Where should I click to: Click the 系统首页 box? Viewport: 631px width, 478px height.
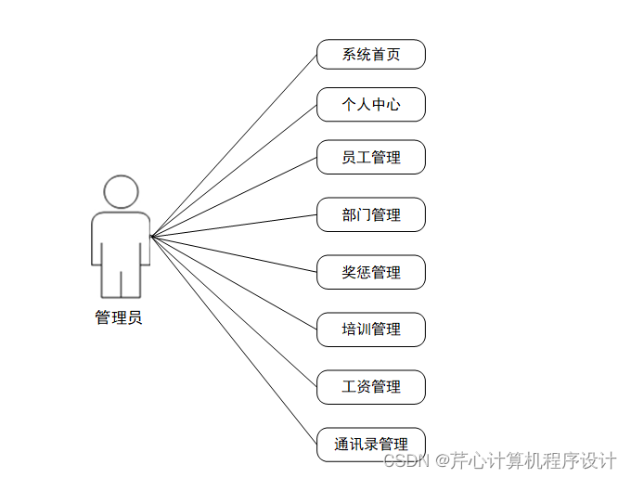[370, 54]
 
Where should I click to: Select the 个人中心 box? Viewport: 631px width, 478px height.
[370, 104]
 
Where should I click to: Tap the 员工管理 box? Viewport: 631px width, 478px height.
[370, 157]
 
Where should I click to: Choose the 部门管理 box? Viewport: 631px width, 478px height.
[370, 214]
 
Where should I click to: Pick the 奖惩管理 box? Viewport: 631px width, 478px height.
[370, 272]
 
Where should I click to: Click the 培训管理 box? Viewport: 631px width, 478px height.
[370, 329]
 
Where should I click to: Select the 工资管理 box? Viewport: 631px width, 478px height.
[370, 387]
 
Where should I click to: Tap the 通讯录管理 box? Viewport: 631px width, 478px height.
[370, 444]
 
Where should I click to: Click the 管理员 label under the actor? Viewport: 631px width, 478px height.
[119, 317]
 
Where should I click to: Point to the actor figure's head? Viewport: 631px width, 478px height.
[121, 192]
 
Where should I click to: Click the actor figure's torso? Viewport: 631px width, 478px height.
[121, 237]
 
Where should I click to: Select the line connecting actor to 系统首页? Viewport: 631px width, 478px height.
[234, 145]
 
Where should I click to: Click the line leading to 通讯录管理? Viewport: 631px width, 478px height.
[234, 340]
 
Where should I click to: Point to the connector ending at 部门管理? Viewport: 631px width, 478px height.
[234, 226]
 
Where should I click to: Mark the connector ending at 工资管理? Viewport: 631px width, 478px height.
[234, 311]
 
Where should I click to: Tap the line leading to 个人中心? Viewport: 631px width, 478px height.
[234, 170]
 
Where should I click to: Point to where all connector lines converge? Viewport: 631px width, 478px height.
[151, 236]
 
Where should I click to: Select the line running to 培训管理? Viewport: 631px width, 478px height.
[234, 282]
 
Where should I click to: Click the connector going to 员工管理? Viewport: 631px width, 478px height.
[234, 197]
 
